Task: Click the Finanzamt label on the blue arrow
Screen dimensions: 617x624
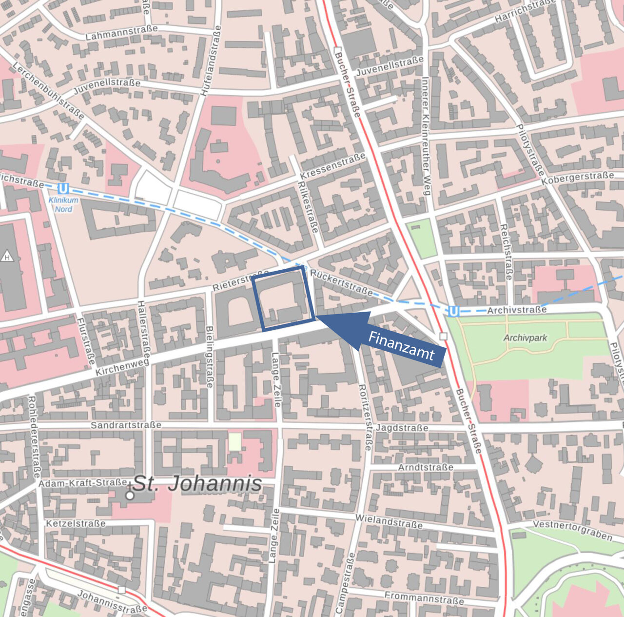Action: (x=401, y=346)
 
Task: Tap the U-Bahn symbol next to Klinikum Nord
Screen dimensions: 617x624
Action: (x=62, y=188)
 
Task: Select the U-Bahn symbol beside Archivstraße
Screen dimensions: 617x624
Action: (x=453, y=311)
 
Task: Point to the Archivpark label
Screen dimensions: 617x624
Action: (x=525, y=338)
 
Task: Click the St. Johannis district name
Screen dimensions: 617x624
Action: (x=197, y=484)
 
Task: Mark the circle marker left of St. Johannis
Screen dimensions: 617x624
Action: (x=130, y=495)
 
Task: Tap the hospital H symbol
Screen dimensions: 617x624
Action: (x=7, y=257)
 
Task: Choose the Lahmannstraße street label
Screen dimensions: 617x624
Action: (x=121, y=33)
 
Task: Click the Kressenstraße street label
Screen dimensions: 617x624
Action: (x=332, y=166)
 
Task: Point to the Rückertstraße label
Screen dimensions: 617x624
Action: (x=341, y=282)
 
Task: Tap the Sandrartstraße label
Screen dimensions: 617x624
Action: (x=126, y=425)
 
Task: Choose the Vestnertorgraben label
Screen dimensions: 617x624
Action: (x=572, y=530)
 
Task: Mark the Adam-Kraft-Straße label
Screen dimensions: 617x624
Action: (x=83, y=483)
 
